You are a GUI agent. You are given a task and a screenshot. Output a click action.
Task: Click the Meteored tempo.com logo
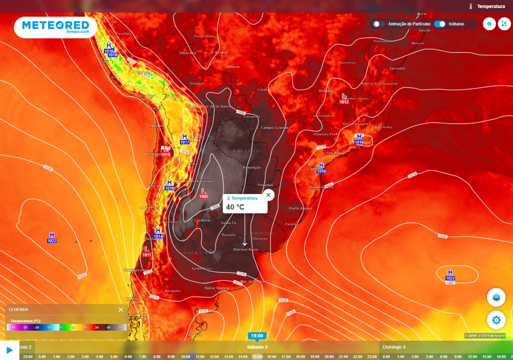(x=55, y=27)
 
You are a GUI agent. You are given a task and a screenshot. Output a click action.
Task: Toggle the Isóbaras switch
(x=440, y=24)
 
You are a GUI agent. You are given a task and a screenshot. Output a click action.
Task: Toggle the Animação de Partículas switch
(x=379, y=24)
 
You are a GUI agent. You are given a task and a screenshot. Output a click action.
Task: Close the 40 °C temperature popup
(x=269, y=195)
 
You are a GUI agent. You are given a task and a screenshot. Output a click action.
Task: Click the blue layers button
(x=496, y=297)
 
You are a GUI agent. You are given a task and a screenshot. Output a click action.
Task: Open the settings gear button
(x=496, y=319)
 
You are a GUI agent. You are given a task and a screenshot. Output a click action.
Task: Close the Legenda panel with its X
(x=121, y=309)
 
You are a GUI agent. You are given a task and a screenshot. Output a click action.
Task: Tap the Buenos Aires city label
(x=245, y=249)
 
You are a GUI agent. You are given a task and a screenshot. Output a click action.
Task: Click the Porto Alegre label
(x=300, y=208)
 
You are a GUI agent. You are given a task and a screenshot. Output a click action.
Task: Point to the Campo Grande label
(x=275, y=128)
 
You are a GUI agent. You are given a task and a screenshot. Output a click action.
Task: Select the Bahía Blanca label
(x=216, y=288)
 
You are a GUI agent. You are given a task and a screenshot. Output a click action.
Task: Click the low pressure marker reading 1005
(x=203, y=193)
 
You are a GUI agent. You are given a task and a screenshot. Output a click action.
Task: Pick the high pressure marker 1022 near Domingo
(x=450, y=274)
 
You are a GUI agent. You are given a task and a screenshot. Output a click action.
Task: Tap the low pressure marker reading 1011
(x=146, y=251)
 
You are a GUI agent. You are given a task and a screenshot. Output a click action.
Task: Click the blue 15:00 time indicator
(x=256, y=336)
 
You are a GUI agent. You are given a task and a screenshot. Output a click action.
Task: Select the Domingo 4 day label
(x=394, y=347)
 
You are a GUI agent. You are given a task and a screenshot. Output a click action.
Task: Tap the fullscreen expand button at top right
(x=504, y=24)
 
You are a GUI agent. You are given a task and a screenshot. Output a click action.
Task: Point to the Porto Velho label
(x=204, y=36)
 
